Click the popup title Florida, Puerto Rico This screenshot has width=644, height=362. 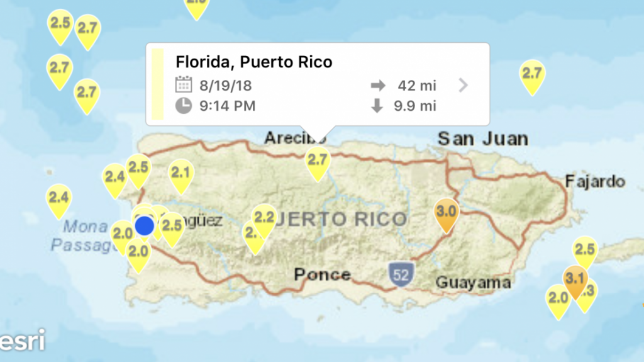253,62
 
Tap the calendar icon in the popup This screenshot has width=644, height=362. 183,84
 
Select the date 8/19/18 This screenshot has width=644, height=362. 225,85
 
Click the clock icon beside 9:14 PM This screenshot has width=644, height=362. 183,105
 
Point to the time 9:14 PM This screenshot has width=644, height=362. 227,105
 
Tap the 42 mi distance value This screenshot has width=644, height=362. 416,85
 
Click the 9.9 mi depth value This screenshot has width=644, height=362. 414,105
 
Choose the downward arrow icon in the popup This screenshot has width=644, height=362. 377,105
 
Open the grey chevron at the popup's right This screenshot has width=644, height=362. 464,85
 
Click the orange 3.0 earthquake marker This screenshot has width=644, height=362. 447,211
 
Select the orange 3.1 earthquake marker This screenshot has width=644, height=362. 575,279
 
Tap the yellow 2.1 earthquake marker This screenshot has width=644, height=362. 181,173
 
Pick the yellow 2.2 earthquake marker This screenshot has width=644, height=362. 264,218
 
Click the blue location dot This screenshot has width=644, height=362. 145,225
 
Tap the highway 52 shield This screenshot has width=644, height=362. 400,274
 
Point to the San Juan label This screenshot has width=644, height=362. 482,138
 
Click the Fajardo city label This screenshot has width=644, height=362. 594,181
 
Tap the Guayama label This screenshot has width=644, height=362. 473,282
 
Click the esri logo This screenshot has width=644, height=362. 23,341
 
